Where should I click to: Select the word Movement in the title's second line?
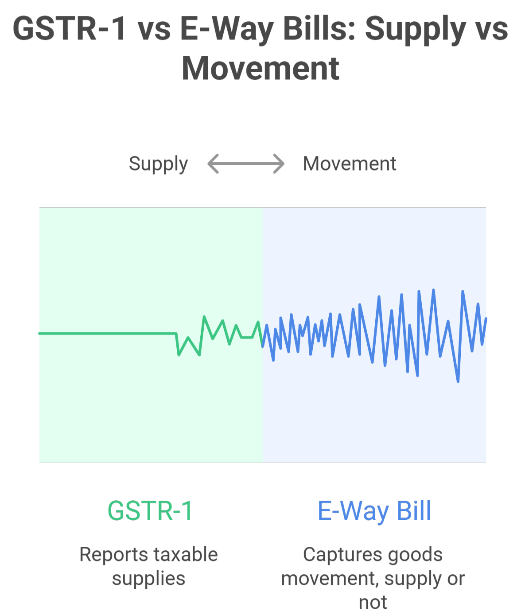pyautogui.click(x=260, y=69)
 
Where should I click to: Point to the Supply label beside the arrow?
pyautogui.click(x=158, y=164)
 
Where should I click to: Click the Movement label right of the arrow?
pyautogui.click(x=350, y=164)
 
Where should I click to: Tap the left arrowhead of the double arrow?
pyautogui.click(x=212, y=163)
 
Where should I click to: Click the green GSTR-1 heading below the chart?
pyautogui.click(x=150, y=511)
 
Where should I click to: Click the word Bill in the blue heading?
pyautogui.click(x=414, y=511)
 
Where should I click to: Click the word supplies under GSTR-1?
pyautogui.click(x=148, y=579)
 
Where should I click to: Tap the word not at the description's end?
pyautogui.click(x=373, y=603)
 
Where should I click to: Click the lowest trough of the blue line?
pyautogui.click(x=458, y=381)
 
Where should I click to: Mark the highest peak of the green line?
pyautogui.click(x=204, y=316)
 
